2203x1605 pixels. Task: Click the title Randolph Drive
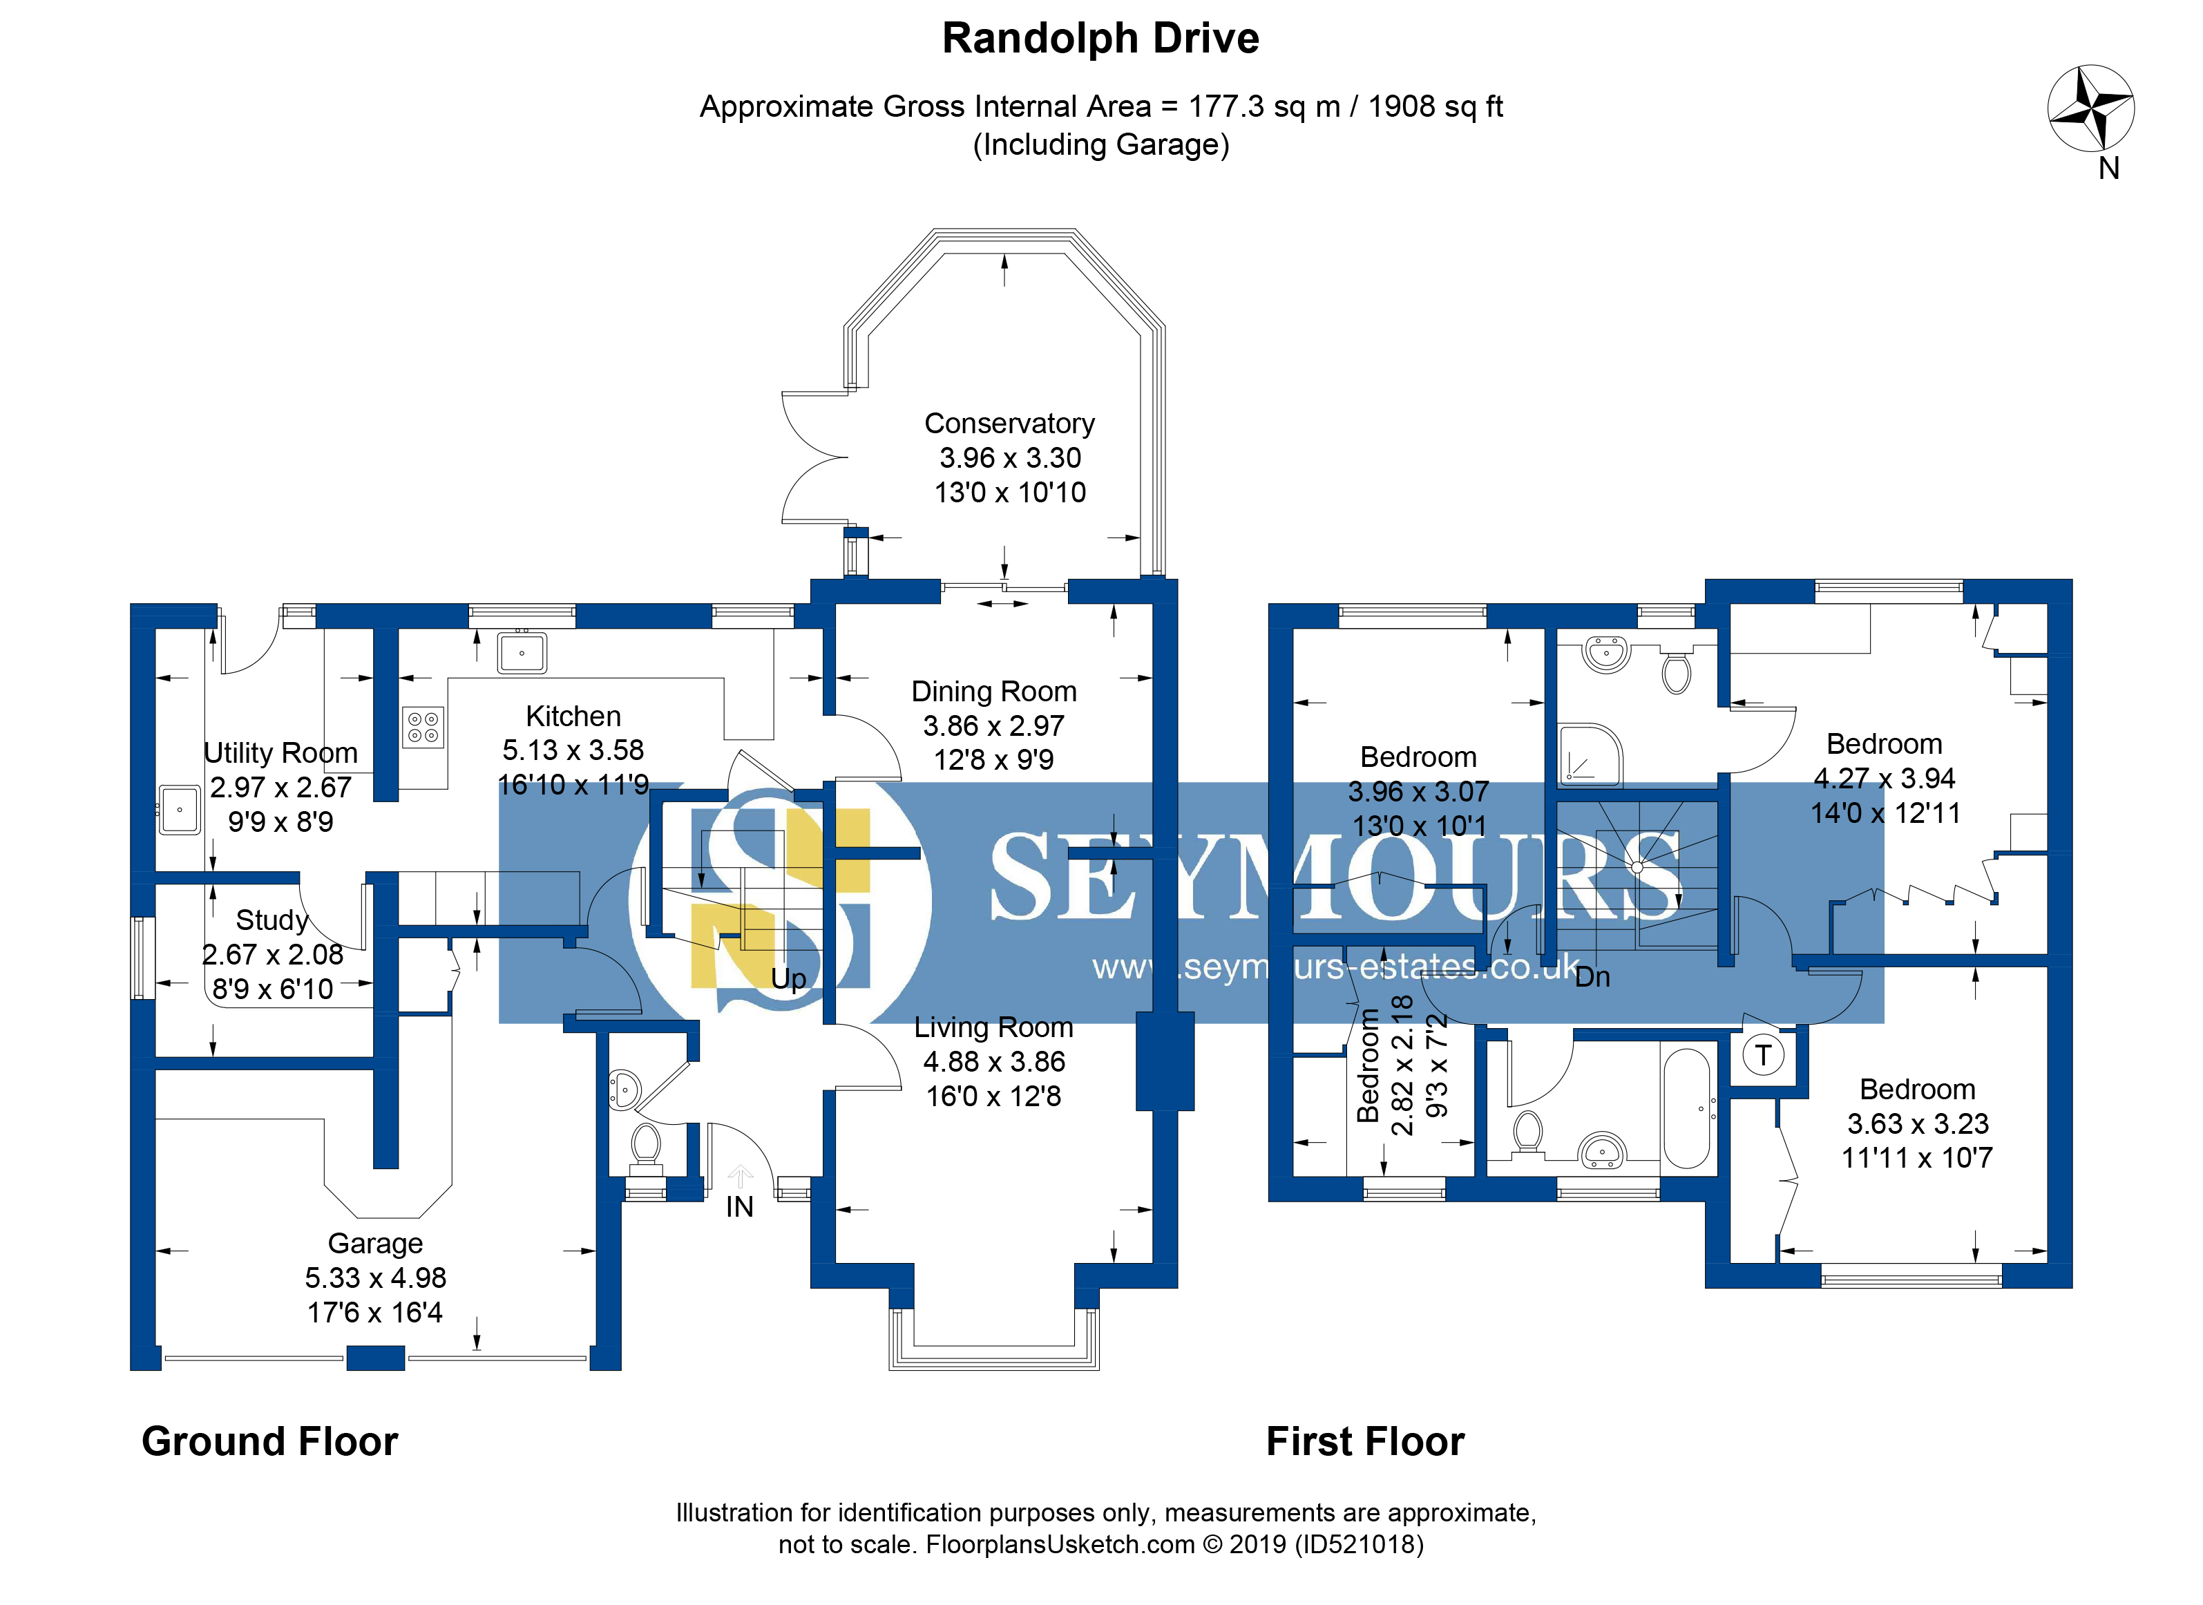click(1100, 39)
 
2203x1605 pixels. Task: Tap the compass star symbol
click(2090, 108)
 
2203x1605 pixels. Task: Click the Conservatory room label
click(1009, 424)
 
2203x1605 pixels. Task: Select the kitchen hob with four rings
click(423, 727)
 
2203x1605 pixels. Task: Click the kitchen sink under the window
click(522, 652)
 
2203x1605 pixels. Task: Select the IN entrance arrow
click(740, 1177)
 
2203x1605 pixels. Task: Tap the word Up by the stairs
click(789, 978)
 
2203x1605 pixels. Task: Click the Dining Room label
click(993, 692)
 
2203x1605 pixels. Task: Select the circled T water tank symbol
click(1763, 1055)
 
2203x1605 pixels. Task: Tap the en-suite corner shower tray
click(1590, 754)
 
